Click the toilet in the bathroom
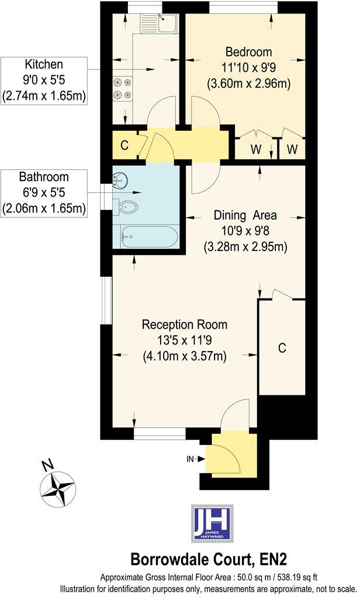coord(129,206)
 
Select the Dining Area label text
coord(245,215)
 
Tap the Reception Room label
coord(185,324)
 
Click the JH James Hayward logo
coord(213,523)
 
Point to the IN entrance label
coord(190,459)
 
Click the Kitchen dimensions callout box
coord(44,80)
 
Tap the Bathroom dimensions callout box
coord(44,193)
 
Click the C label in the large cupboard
coord(282,348)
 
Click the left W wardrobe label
coord(256,149)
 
